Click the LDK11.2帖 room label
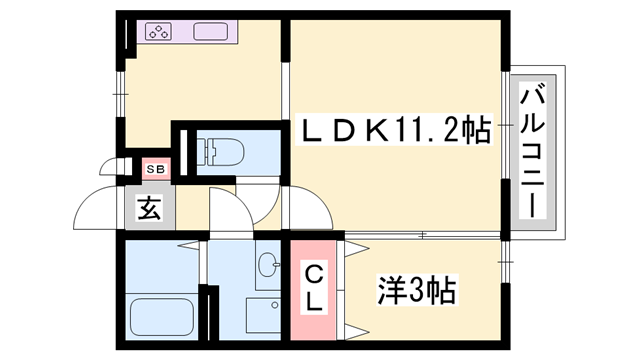(x=397, y=131)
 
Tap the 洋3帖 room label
(x=417, y=292)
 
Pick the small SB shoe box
(x=156, y=169)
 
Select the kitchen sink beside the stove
(x=213, y=31)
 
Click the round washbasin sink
(x=267, y=266)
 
